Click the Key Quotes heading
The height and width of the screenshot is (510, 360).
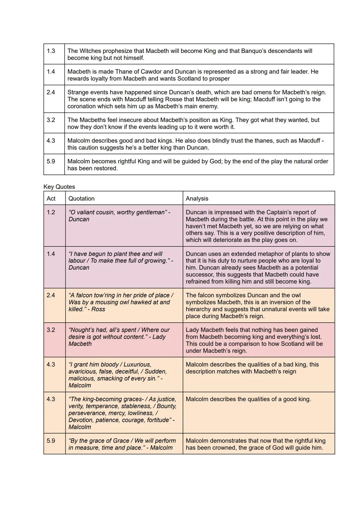point(59,187)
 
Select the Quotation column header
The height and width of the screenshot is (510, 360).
point(81,198)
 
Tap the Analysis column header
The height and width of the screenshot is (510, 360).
point(197,198)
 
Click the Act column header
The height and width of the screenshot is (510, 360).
point(51,198)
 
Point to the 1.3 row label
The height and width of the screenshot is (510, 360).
point(51,51)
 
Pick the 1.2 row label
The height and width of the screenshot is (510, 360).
point(51,212)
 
